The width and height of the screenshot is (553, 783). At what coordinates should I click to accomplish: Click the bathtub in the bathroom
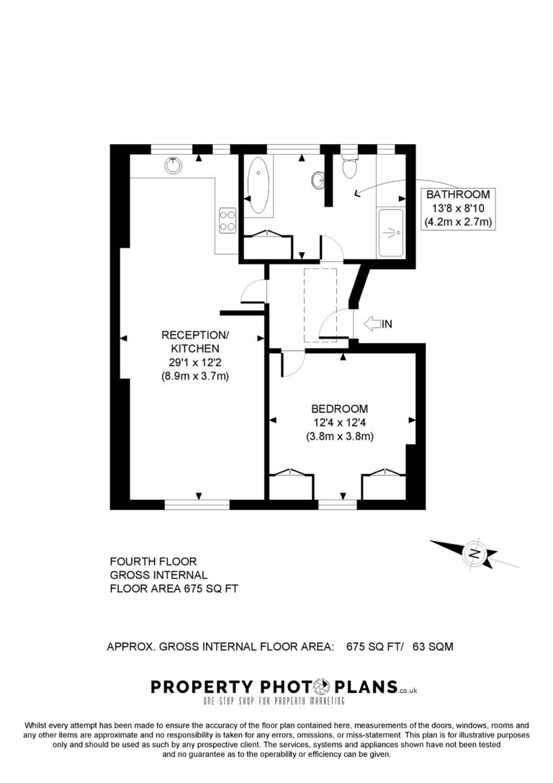[258, 185]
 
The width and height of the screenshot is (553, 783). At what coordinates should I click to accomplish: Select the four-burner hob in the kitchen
[227, 220]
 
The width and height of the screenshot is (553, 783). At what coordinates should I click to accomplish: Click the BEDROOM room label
[339, 409]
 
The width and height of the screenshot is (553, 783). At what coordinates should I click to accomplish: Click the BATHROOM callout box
[458, 208]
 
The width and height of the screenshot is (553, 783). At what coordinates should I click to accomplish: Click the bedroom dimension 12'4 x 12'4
[339, 422]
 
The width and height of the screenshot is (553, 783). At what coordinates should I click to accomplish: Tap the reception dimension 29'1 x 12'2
[194, 362]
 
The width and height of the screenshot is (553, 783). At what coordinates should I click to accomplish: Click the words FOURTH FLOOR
[153, 561]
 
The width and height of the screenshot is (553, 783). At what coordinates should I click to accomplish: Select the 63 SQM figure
[433, 647]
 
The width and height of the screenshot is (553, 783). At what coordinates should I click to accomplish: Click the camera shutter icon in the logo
[323, 686]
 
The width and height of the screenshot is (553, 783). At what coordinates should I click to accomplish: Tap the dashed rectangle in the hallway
[320, 305]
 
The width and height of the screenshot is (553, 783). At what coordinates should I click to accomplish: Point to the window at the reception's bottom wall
[197, 504]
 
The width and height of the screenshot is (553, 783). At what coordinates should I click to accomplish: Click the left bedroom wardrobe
[292, 484]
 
